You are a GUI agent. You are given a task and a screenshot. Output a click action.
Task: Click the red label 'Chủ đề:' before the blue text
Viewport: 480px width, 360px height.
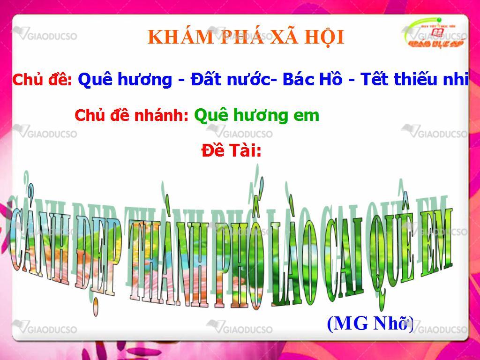[42, 79]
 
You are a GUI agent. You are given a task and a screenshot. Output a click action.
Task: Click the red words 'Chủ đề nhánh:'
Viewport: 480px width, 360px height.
[131, 115]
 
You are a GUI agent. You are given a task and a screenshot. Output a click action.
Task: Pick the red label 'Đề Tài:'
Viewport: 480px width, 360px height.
[232, 150]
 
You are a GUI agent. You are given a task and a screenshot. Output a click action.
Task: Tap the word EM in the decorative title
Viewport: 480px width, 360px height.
[436, 242]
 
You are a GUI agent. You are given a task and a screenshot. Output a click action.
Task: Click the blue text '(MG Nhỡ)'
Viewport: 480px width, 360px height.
[370, 323]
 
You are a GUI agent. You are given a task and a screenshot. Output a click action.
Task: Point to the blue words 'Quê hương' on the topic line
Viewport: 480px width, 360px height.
[125, 79]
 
